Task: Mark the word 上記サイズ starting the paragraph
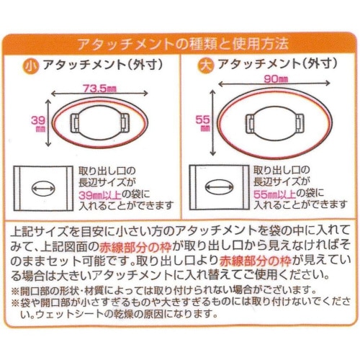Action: click(x=39, y=233)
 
